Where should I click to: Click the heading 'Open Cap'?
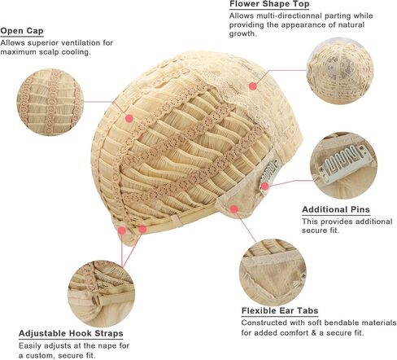pos(22,31)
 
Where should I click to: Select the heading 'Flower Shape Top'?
pos(269,4)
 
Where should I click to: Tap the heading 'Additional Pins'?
pos(336,209)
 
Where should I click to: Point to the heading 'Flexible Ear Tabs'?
pos(280,310)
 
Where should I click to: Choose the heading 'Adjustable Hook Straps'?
pos(71,333)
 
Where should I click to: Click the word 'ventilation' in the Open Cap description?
pos(77,43)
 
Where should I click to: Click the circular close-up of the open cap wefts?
pos(50,102)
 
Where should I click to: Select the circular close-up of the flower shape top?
pos(340,71)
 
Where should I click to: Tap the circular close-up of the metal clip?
pos(343,165)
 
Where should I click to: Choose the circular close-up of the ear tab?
pos(273,273)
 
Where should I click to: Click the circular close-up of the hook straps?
pos(101,294)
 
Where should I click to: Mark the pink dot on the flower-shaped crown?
pos(253,86)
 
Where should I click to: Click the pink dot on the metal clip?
pos(265,187)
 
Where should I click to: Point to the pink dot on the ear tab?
pos(234,209)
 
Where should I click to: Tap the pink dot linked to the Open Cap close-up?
pos(129,118)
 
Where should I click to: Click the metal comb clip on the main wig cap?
pos(269,174)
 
